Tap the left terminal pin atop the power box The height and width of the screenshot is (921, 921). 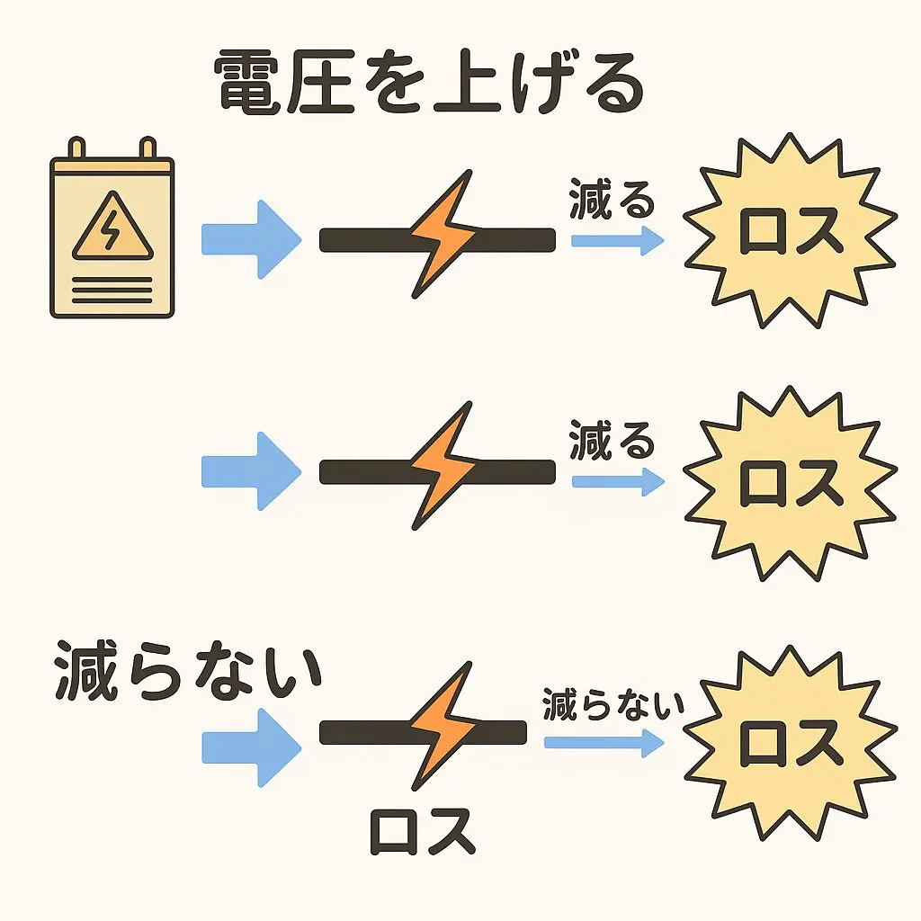click(x=77, y=148)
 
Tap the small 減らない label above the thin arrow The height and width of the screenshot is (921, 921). click(x=613, y=706)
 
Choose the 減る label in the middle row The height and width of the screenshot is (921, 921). click(x=612, y=443)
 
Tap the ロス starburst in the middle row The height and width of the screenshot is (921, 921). click(x=791, y=484)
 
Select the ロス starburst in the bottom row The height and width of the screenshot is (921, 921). click(x=791, y=743)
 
